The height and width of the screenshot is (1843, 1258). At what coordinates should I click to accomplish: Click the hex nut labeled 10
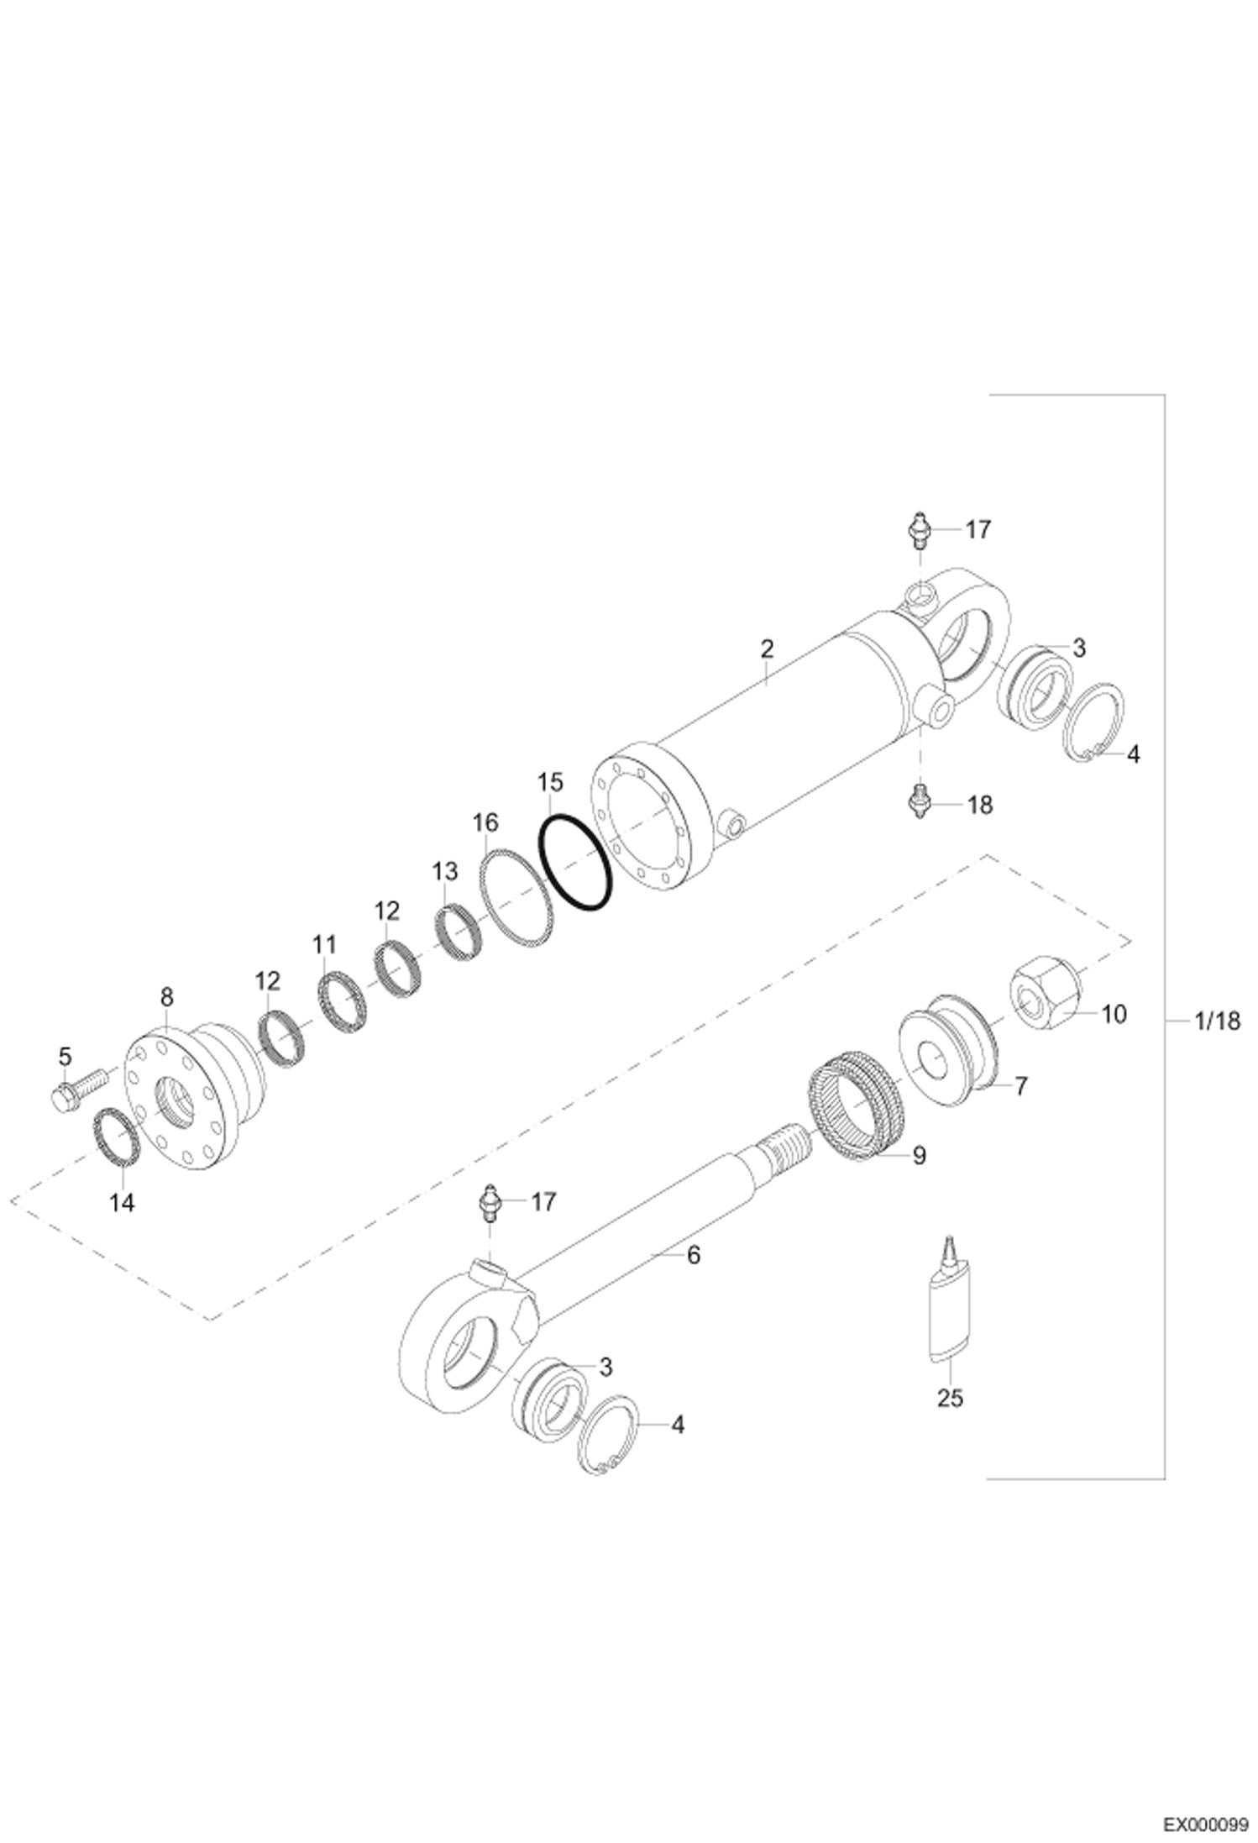click(1046, 997)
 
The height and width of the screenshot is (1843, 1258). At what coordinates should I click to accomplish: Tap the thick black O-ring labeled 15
click(575, 864)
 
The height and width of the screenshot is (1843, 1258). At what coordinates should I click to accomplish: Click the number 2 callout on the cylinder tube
click(766, 648)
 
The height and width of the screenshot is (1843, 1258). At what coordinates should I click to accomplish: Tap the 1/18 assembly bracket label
click(1216, 1021)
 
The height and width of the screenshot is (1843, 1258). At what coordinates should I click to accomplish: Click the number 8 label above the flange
click(167, 997)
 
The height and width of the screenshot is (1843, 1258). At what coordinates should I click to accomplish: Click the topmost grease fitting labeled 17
click(920, 530)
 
